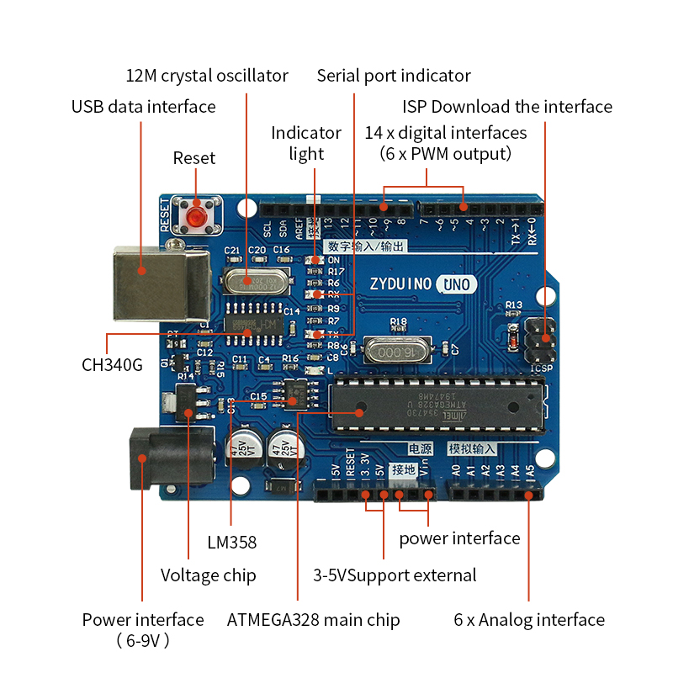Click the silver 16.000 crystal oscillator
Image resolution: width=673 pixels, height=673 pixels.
395,350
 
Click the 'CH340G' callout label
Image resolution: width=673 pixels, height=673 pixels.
112,365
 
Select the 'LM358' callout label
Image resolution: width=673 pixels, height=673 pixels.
232,542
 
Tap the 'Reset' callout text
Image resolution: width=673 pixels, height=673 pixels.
194,158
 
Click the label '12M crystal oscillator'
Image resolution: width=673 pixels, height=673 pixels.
207,76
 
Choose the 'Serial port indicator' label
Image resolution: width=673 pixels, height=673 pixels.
394,76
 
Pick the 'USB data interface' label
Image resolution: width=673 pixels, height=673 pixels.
143,107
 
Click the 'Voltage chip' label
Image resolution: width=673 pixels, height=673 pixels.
208,575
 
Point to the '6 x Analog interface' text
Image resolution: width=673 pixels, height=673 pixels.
529,620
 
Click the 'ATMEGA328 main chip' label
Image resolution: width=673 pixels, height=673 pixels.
313,620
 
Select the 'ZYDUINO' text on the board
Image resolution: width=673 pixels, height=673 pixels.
399,284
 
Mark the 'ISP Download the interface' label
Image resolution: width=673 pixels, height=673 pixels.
507,107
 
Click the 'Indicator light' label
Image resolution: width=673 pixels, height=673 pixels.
306,143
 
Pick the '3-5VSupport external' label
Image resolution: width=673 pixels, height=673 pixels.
395,575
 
